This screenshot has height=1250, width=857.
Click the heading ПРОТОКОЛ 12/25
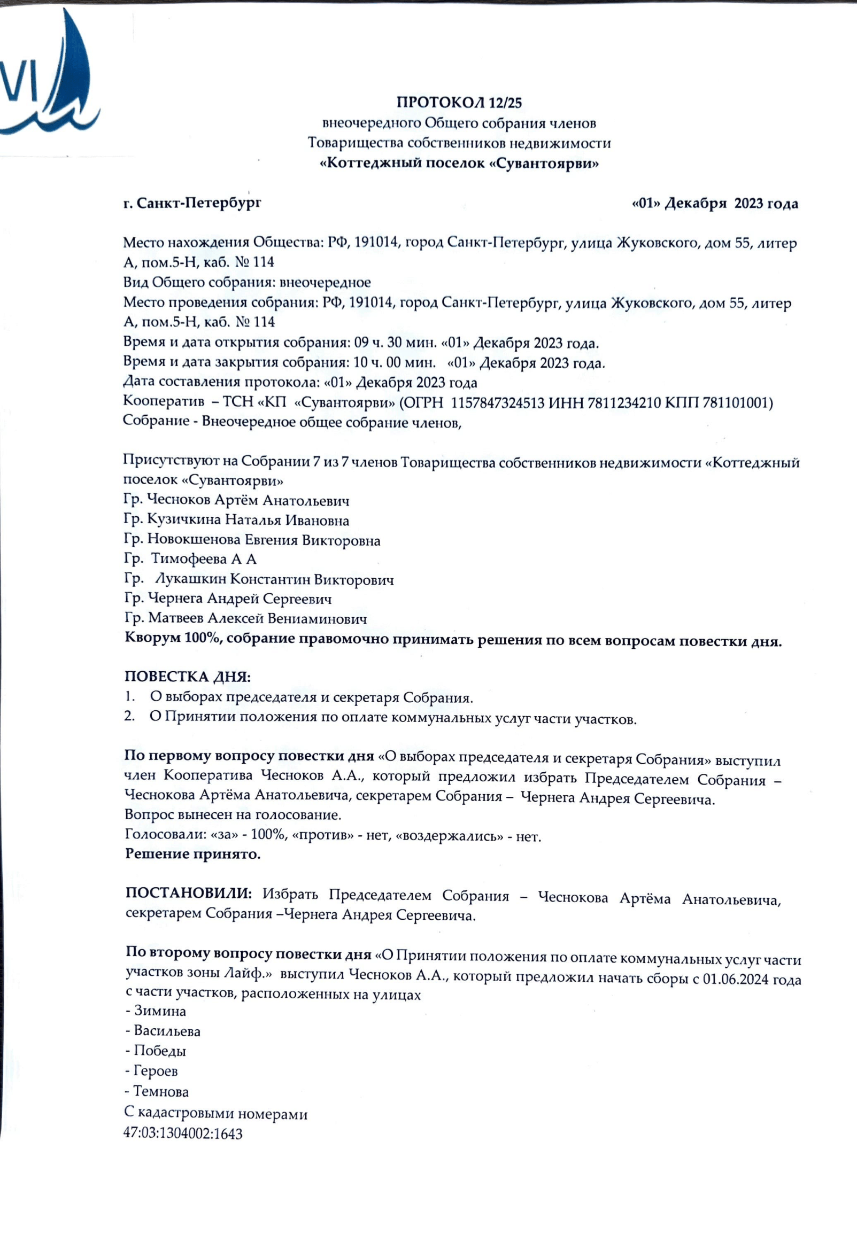coord(459,102)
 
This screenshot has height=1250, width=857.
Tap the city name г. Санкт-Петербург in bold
coord(192,203)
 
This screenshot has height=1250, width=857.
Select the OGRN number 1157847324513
coord(497,403)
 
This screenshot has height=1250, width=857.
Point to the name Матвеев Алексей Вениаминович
coord(258,618)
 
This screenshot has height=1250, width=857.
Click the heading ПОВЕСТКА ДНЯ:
coord(188,677)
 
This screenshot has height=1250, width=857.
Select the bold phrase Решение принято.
coord(192,854)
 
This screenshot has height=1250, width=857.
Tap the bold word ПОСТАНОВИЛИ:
coord(189,894)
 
